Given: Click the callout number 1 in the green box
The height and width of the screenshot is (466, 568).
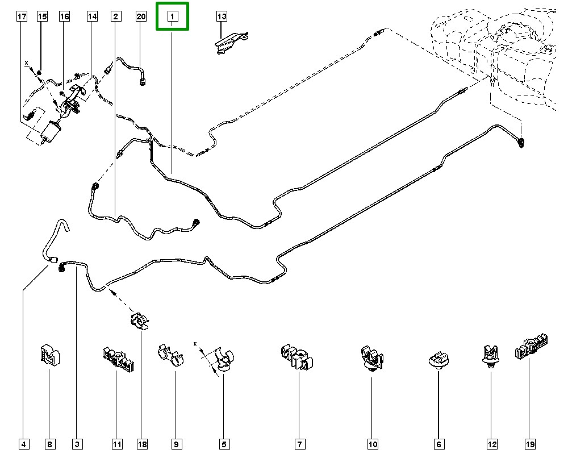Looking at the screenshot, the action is (x=173, y=16).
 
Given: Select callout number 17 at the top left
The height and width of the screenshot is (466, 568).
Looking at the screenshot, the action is (x=22, y=16).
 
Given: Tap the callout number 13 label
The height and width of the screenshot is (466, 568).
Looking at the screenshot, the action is (x=222, y=16).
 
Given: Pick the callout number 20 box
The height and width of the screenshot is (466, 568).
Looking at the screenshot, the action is (x=141, y=16).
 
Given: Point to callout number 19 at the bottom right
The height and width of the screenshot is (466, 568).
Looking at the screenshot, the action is (x=529, y=444).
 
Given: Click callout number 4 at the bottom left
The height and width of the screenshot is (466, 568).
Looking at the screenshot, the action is (x=23, y=444).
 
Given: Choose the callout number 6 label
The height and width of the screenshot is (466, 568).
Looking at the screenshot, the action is (x=438, y=444).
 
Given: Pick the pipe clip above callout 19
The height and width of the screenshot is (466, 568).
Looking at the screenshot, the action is (x=531, y=346).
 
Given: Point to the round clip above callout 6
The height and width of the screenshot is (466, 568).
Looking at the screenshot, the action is (x=438, y=360).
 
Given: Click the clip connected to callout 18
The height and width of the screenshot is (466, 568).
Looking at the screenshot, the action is (x=140, y=321).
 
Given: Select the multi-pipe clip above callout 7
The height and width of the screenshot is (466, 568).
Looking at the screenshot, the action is (x=296, y=357).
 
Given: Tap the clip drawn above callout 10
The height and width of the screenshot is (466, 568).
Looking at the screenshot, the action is (x=372, y=358).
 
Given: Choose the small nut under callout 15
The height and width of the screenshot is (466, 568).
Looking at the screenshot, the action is (x=40, y=73).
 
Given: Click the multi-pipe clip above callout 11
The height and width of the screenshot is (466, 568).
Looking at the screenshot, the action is (x=118, y=359).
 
